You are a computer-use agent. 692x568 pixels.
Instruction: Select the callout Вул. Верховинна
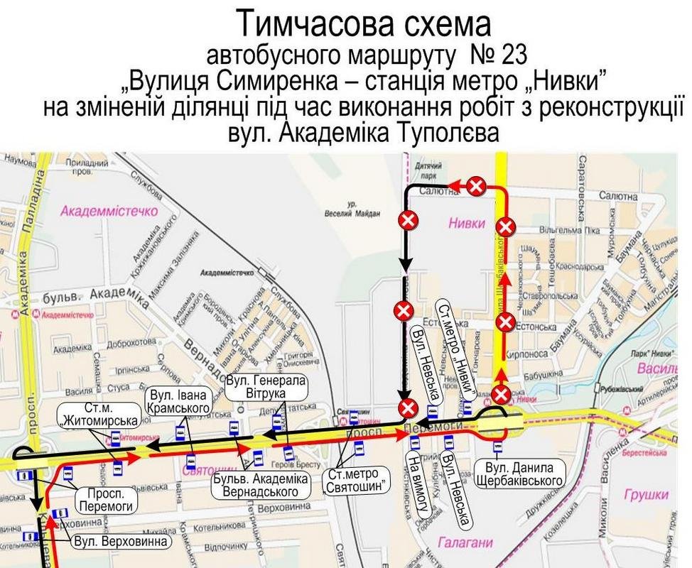122,542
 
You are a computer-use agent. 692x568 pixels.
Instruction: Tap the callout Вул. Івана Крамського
177,400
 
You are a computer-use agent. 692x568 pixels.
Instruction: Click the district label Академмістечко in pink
108,211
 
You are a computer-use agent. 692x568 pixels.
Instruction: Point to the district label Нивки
466,224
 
